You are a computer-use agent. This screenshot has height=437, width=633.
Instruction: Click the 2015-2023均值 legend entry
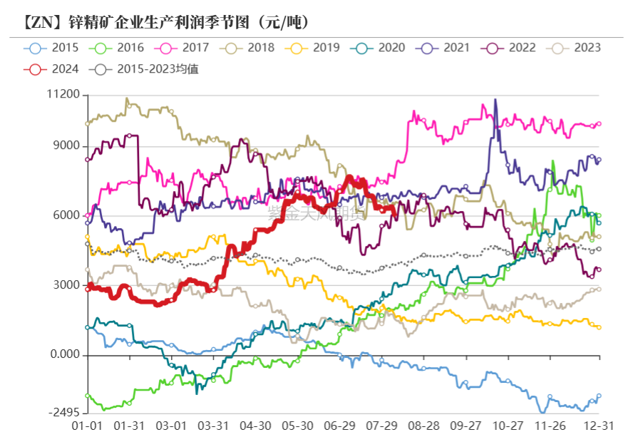point(146,69)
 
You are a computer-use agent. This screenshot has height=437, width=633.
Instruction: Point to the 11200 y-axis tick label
point(62,95)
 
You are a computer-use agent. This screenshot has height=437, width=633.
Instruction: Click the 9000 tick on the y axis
point(66,148)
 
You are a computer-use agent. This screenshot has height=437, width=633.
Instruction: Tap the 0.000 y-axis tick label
point(63,356)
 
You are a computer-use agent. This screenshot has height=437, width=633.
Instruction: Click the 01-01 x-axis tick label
point(87,425)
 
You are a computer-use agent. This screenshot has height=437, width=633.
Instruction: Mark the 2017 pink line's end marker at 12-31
point(599,123)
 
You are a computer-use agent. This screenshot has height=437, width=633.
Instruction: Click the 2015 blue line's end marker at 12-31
point(599,396)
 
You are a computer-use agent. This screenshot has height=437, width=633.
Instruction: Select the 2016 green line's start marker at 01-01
point(88,395)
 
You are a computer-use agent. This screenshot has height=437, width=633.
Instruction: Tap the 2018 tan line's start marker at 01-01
point(88,123)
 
